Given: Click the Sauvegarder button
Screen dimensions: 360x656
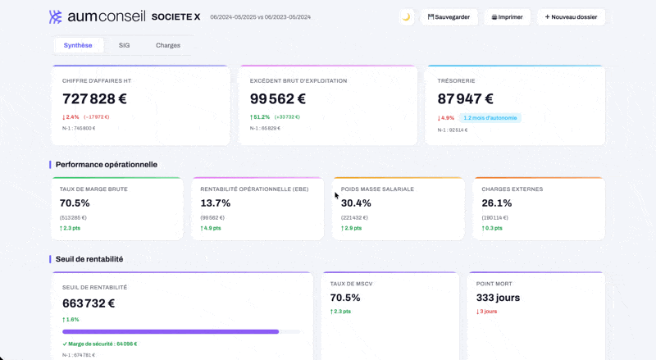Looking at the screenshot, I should tap(449, 16).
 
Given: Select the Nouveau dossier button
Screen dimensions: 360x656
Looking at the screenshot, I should tap(572, 16).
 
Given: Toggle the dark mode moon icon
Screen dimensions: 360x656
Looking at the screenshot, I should tap(406, 16).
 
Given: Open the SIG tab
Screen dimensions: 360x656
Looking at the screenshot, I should tap(124, 45).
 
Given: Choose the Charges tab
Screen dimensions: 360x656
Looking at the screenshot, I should tap(168, 45).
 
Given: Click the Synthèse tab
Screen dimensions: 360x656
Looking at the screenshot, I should tap(78, 45).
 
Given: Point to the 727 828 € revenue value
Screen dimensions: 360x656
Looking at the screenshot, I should tap(94, 99).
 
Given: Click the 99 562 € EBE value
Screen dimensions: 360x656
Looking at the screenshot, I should tap(278, 99).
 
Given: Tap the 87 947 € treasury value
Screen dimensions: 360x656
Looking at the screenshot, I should tap(465, 99).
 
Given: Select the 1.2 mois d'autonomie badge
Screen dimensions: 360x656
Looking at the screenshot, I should tap(490, 118).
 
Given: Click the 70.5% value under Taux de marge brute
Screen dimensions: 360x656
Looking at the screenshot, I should tap(75, 203).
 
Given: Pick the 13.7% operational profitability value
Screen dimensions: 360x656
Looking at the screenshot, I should tap(216, 203).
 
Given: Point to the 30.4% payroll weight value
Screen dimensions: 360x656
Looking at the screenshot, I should tap(357, 203).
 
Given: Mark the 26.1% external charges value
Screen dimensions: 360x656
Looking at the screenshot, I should tap(497, 203).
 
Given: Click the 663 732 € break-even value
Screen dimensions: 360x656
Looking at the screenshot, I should tap(89, 303).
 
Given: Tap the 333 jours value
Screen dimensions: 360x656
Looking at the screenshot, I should tap(498, 298).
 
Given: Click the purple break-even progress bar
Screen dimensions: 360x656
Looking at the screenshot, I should tap(171, 331).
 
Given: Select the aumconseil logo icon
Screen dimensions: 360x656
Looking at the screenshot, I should tap(56, 16).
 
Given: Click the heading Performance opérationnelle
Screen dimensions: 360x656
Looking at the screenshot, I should tap(107, 165).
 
